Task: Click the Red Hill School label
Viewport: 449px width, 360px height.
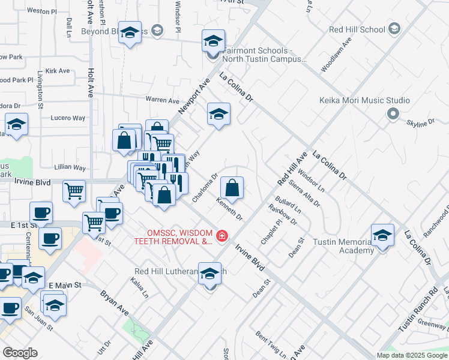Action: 357,29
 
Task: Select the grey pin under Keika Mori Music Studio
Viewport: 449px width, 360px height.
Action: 393,113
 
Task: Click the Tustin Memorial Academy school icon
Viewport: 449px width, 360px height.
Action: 382,236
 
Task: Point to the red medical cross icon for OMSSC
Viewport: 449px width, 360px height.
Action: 222,237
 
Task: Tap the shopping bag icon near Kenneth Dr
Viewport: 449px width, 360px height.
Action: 232,188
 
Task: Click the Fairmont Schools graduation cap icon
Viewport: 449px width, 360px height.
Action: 212,41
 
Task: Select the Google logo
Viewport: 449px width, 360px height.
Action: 20,353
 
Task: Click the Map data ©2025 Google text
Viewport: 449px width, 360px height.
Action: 412,355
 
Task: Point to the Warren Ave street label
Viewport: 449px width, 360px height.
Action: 162,100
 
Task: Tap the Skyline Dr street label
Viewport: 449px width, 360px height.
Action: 420,123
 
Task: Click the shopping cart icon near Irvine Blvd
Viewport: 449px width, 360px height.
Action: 74,191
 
